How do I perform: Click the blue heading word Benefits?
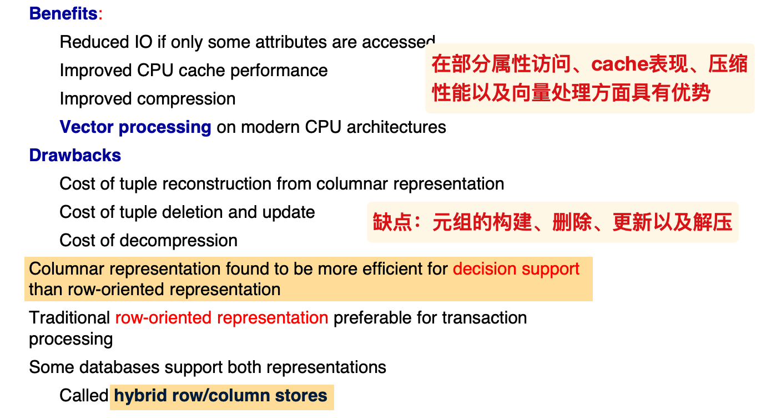tap(64, 14)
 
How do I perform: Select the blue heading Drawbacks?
tap(75, 156)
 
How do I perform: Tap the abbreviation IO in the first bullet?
tap(144, 42)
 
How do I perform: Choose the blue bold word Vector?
tap(87, 127)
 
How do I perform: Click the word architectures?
tap(396, 127)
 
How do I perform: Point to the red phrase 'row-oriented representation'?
tap(221, 319)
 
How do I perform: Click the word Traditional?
tap(69, 318)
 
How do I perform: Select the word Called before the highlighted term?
tap(84, 396)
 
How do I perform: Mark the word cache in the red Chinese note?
tap(619, 64)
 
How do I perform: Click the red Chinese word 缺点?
tap(392, 222)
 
